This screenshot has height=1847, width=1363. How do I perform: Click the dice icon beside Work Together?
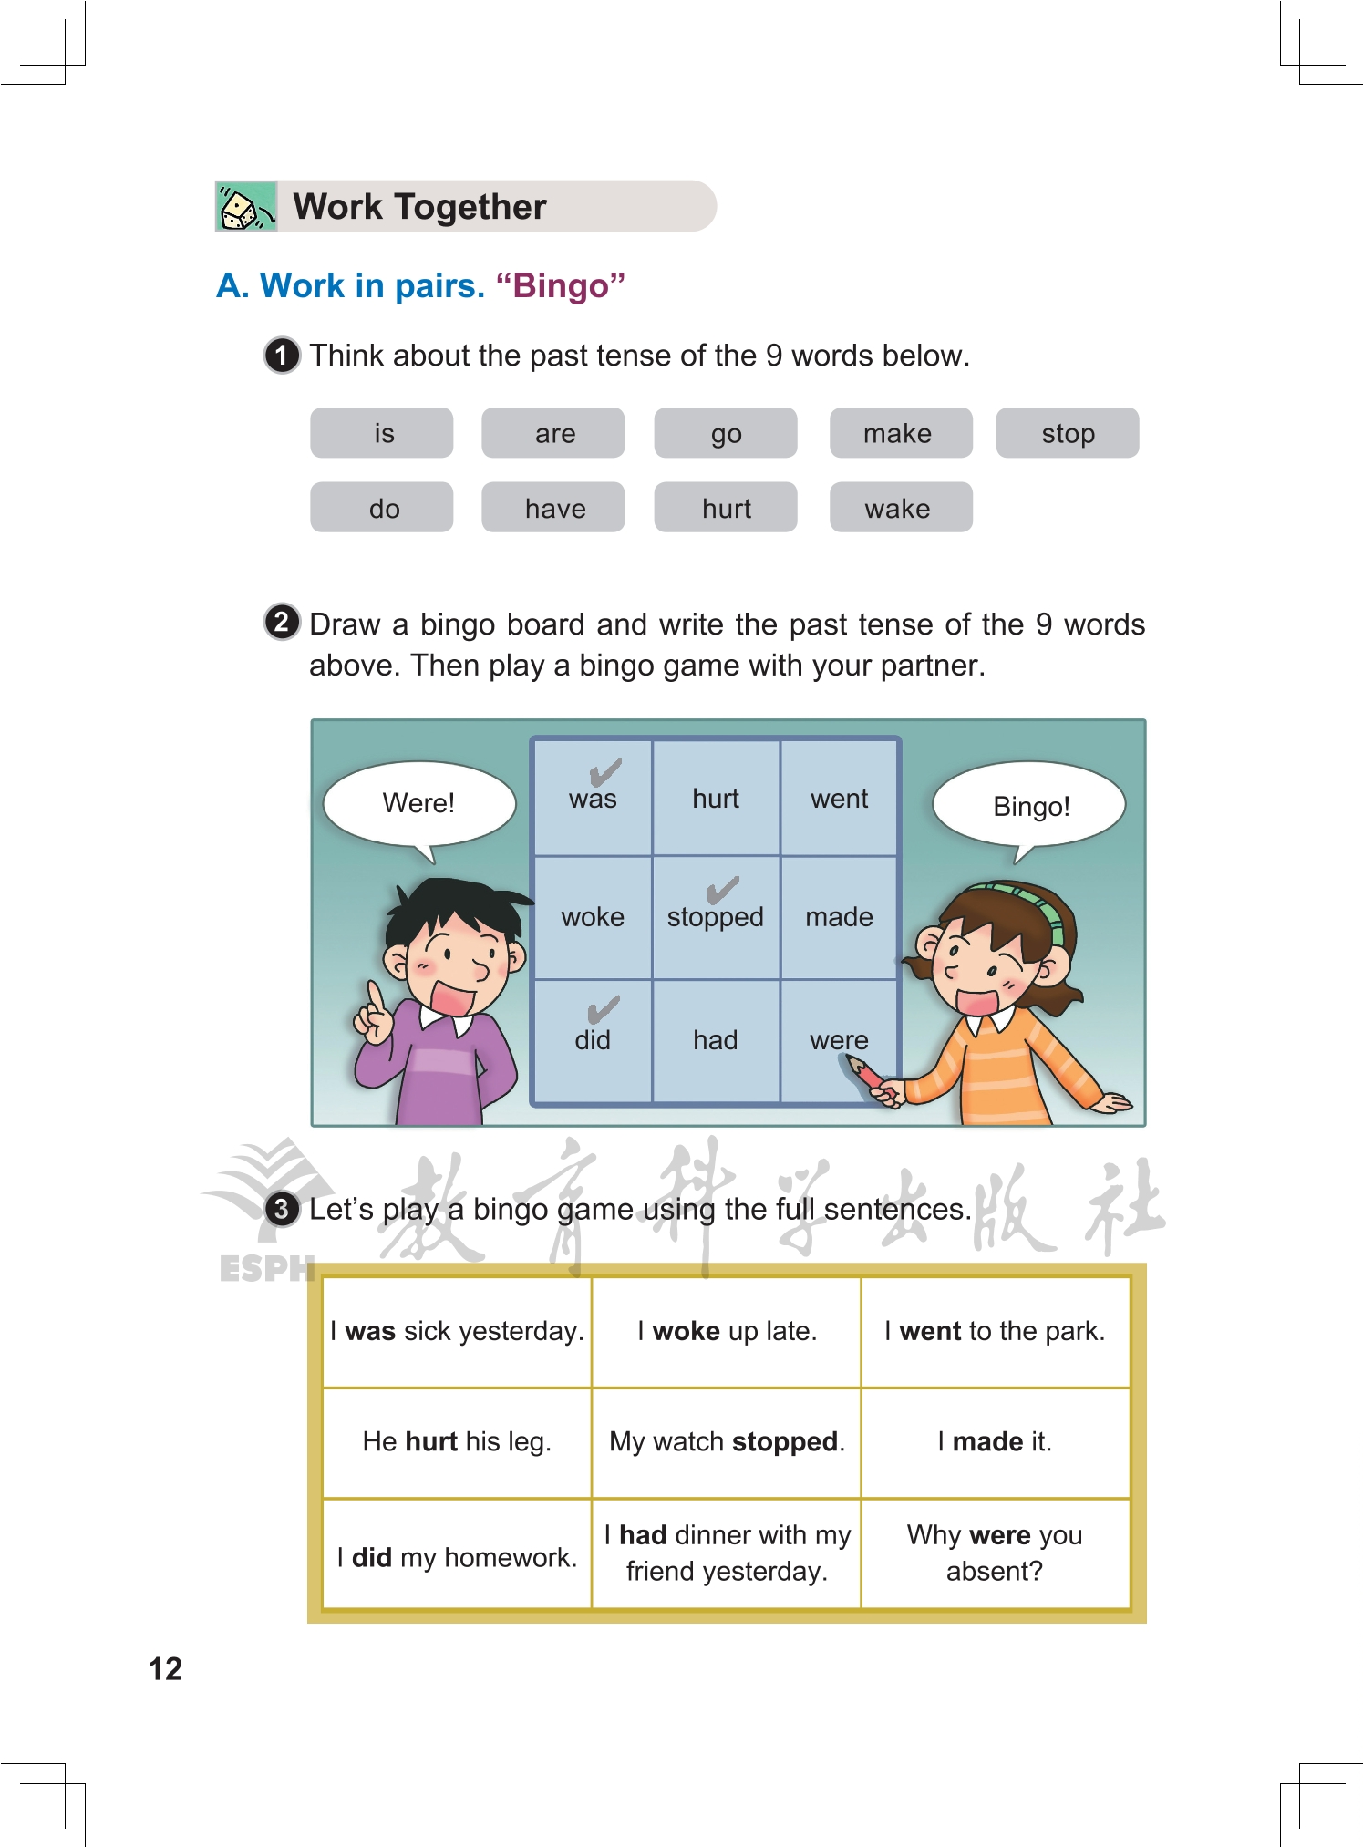[245, 207]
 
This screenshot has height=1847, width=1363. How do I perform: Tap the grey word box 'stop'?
[1067, 433]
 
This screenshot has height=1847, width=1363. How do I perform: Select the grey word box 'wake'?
[900, 508]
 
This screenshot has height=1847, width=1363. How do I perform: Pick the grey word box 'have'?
[553, 508]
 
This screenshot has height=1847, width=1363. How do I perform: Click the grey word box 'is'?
[382, 433]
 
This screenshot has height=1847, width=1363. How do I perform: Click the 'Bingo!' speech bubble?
[1030, 807]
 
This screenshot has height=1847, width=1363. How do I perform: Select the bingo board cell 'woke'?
[593, 917]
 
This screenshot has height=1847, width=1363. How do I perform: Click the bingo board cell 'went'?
[839, 799]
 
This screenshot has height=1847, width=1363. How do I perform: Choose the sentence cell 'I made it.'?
[995, 1442]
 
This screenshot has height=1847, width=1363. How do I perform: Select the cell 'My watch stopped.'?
[727, 1442]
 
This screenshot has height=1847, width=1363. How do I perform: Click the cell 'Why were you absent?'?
[995, 1553]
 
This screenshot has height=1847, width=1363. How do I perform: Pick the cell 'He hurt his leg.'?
[457, 1442]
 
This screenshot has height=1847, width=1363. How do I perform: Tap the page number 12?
[165, 1668]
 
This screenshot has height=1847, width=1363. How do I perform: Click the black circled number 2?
[282, 623]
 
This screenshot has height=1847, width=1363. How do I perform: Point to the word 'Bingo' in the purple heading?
[561, 286]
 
